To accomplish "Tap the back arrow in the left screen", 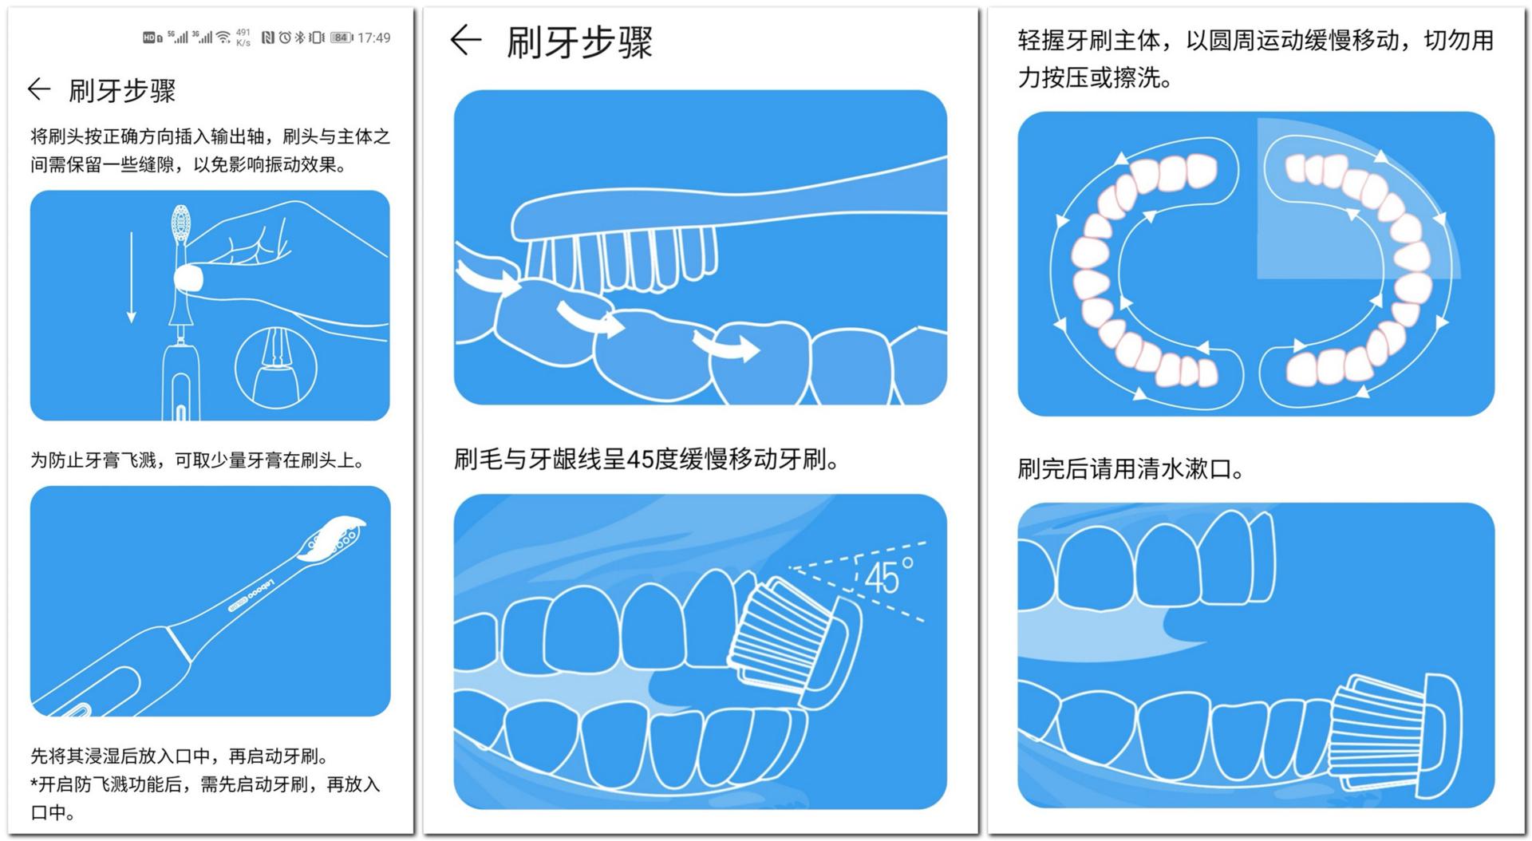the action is [x=39, y=89].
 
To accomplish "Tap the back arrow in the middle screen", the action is [x=466, y=39].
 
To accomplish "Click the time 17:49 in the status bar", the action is [x=374, y=38].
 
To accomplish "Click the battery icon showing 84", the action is [x=342, y=38].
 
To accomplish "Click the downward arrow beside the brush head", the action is [x=132, y=277].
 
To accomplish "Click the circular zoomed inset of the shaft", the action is [x=275, y=367].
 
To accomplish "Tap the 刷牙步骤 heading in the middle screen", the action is [x=580, y=41].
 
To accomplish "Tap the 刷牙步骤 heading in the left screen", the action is [x=122, y=90].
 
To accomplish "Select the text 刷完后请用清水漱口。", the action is [x=1131, y=468].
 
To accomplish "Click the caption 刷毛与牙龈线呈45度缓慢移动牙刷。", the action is [x=646, y=460].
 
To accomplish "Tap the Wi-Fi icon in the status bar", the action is [x=223, y=38].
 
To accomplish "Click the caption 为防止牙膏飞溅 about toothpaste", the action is [x=198, y=460].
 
